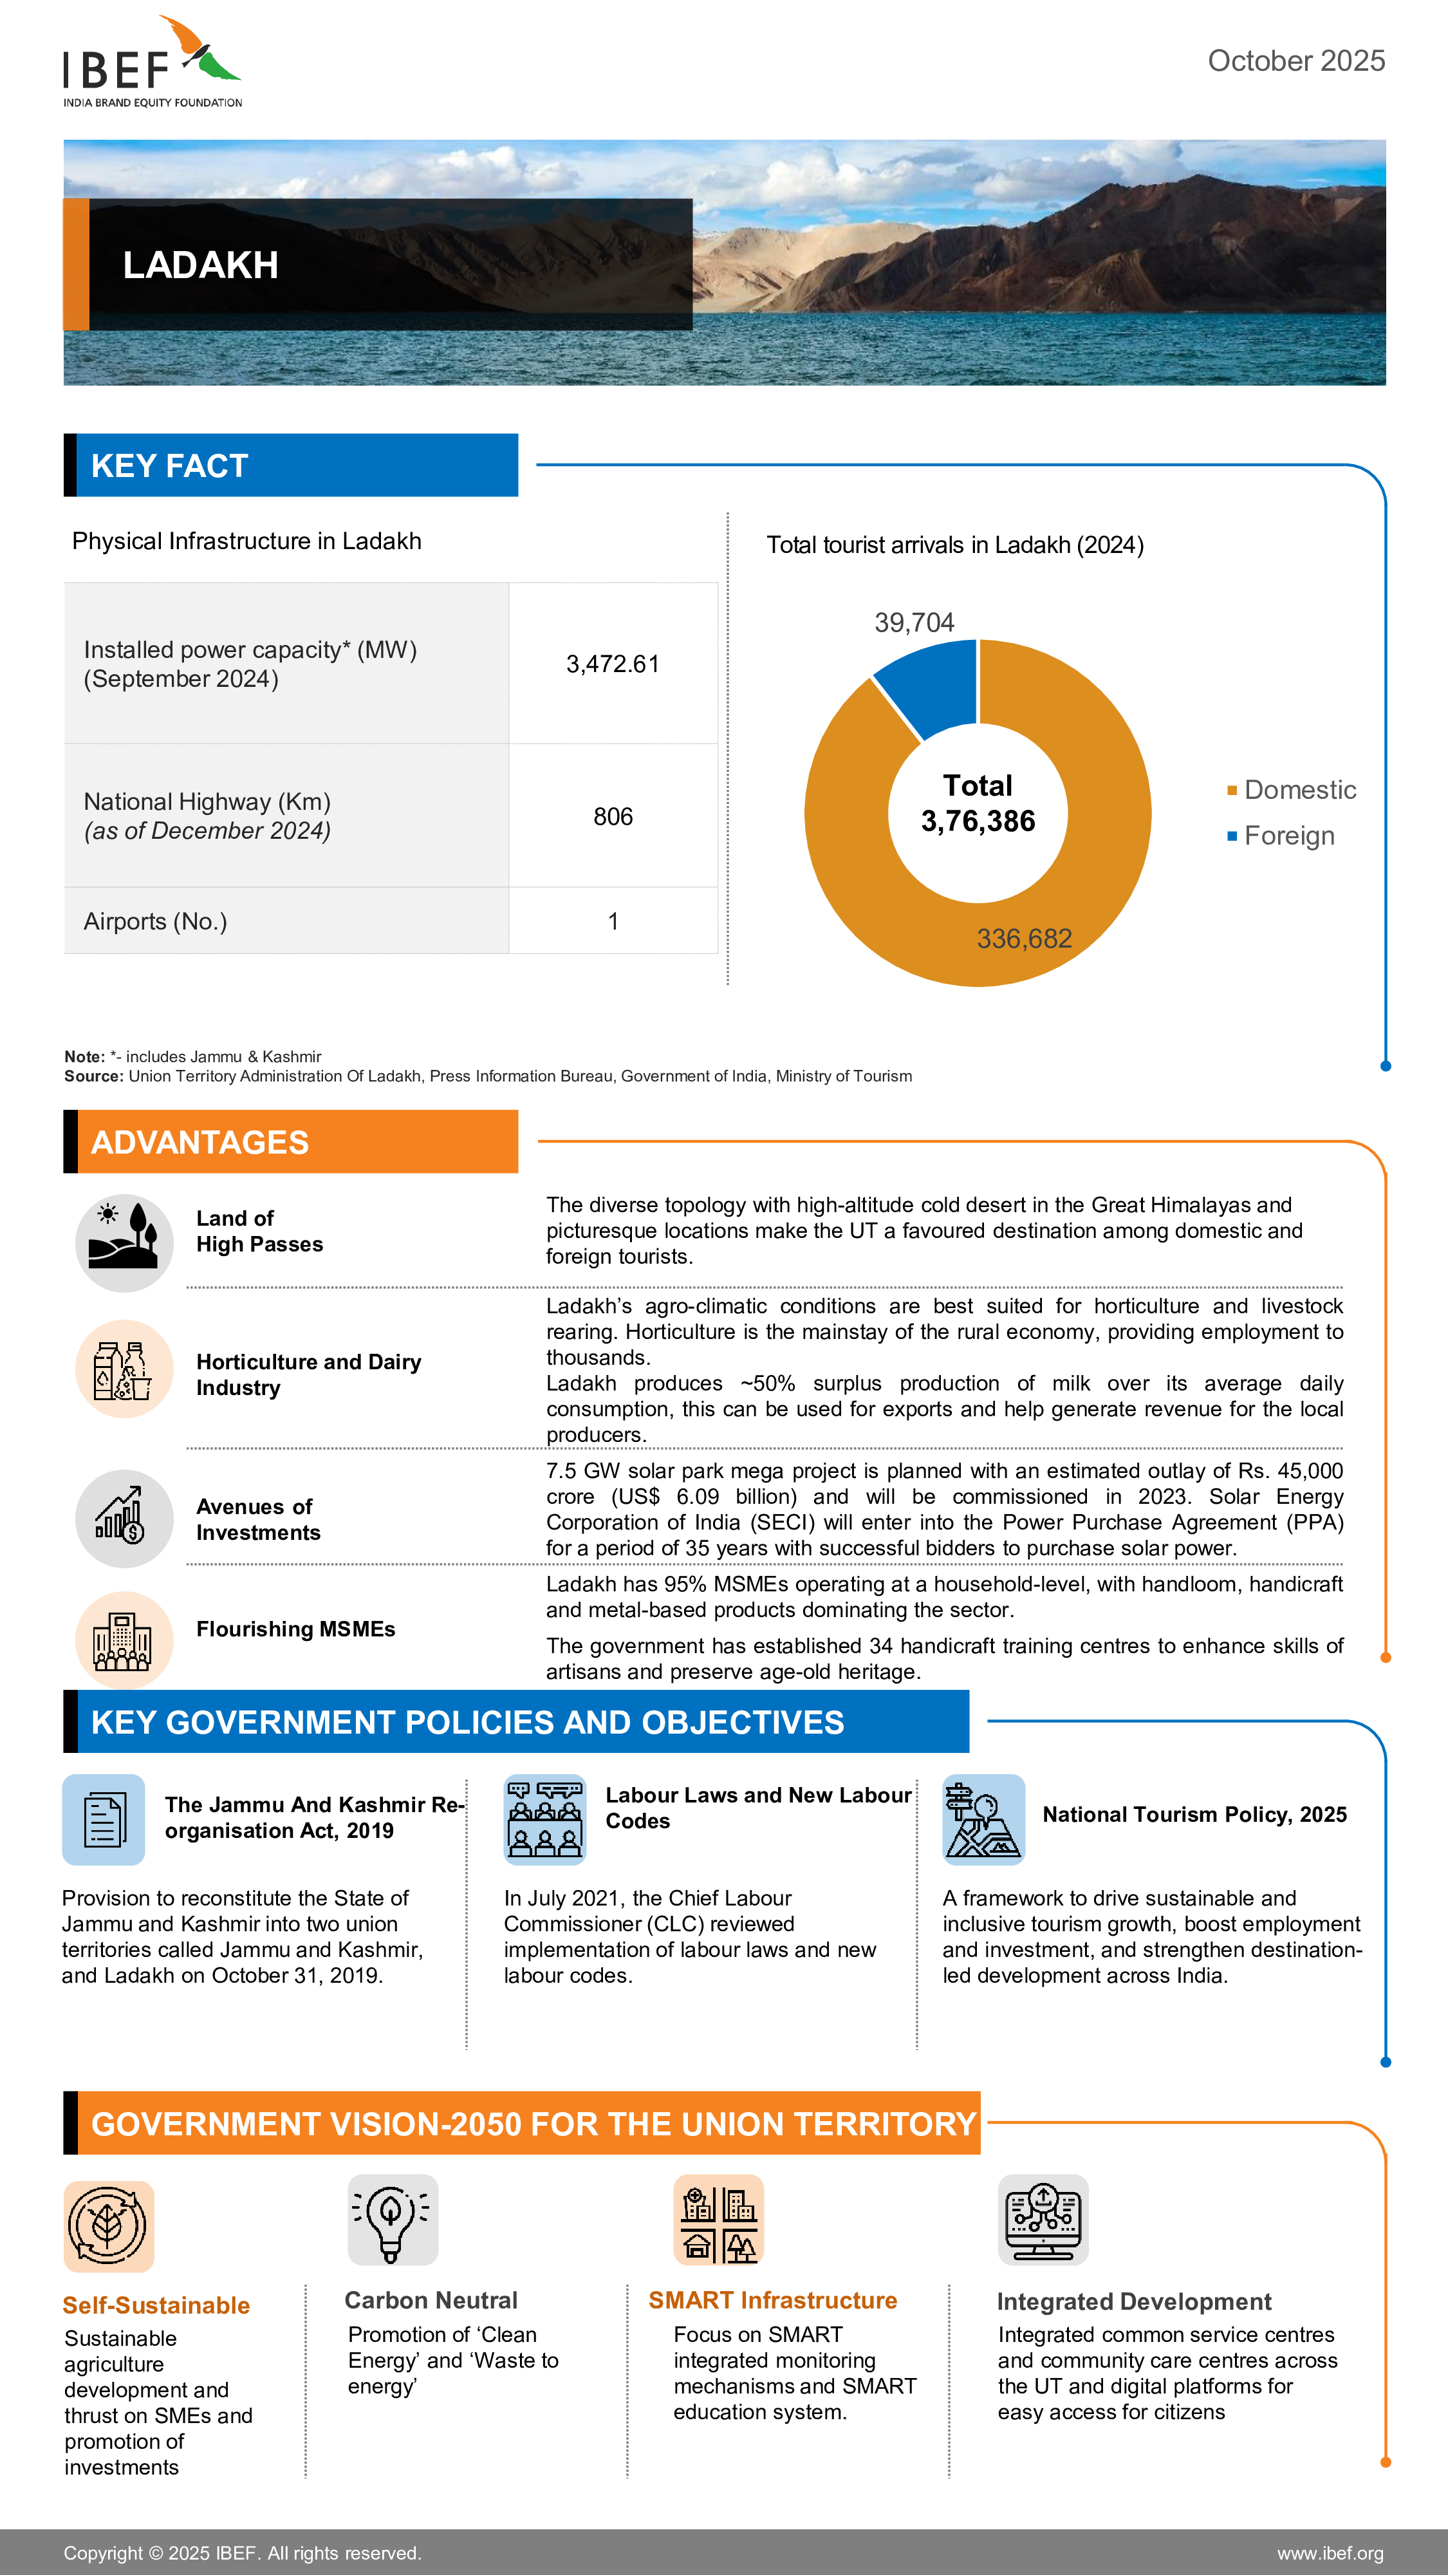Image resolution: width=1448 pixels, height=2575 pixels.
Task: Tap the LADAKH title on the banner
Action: tap(200, 265)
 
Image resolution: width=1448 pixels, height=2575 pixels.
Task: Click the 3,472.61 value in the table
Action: tap(613, 664)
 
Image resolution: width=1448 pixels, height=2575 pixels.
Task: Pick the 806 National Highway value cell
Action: tap(613, 817)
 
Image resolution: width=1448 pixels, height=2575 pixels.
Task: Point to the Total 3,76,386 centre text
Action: tap(978, 803)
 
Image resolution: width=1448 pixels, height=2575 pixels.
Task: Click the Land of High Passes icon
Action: tap(124, 1242)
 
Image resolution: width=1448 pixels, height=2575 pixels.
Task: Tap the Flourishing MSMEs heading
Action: tap(296, 1629)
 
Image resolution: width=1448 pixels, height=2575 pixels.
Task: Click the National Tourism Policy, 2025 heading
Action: tap(1194, 1814)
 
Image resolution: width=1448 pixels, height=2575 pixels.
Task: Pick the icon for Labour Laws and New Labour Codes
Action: tap(544, 1819)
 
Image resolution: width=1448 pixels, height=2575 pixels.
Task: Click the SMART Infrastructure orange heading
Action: tap(772, 2300)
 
